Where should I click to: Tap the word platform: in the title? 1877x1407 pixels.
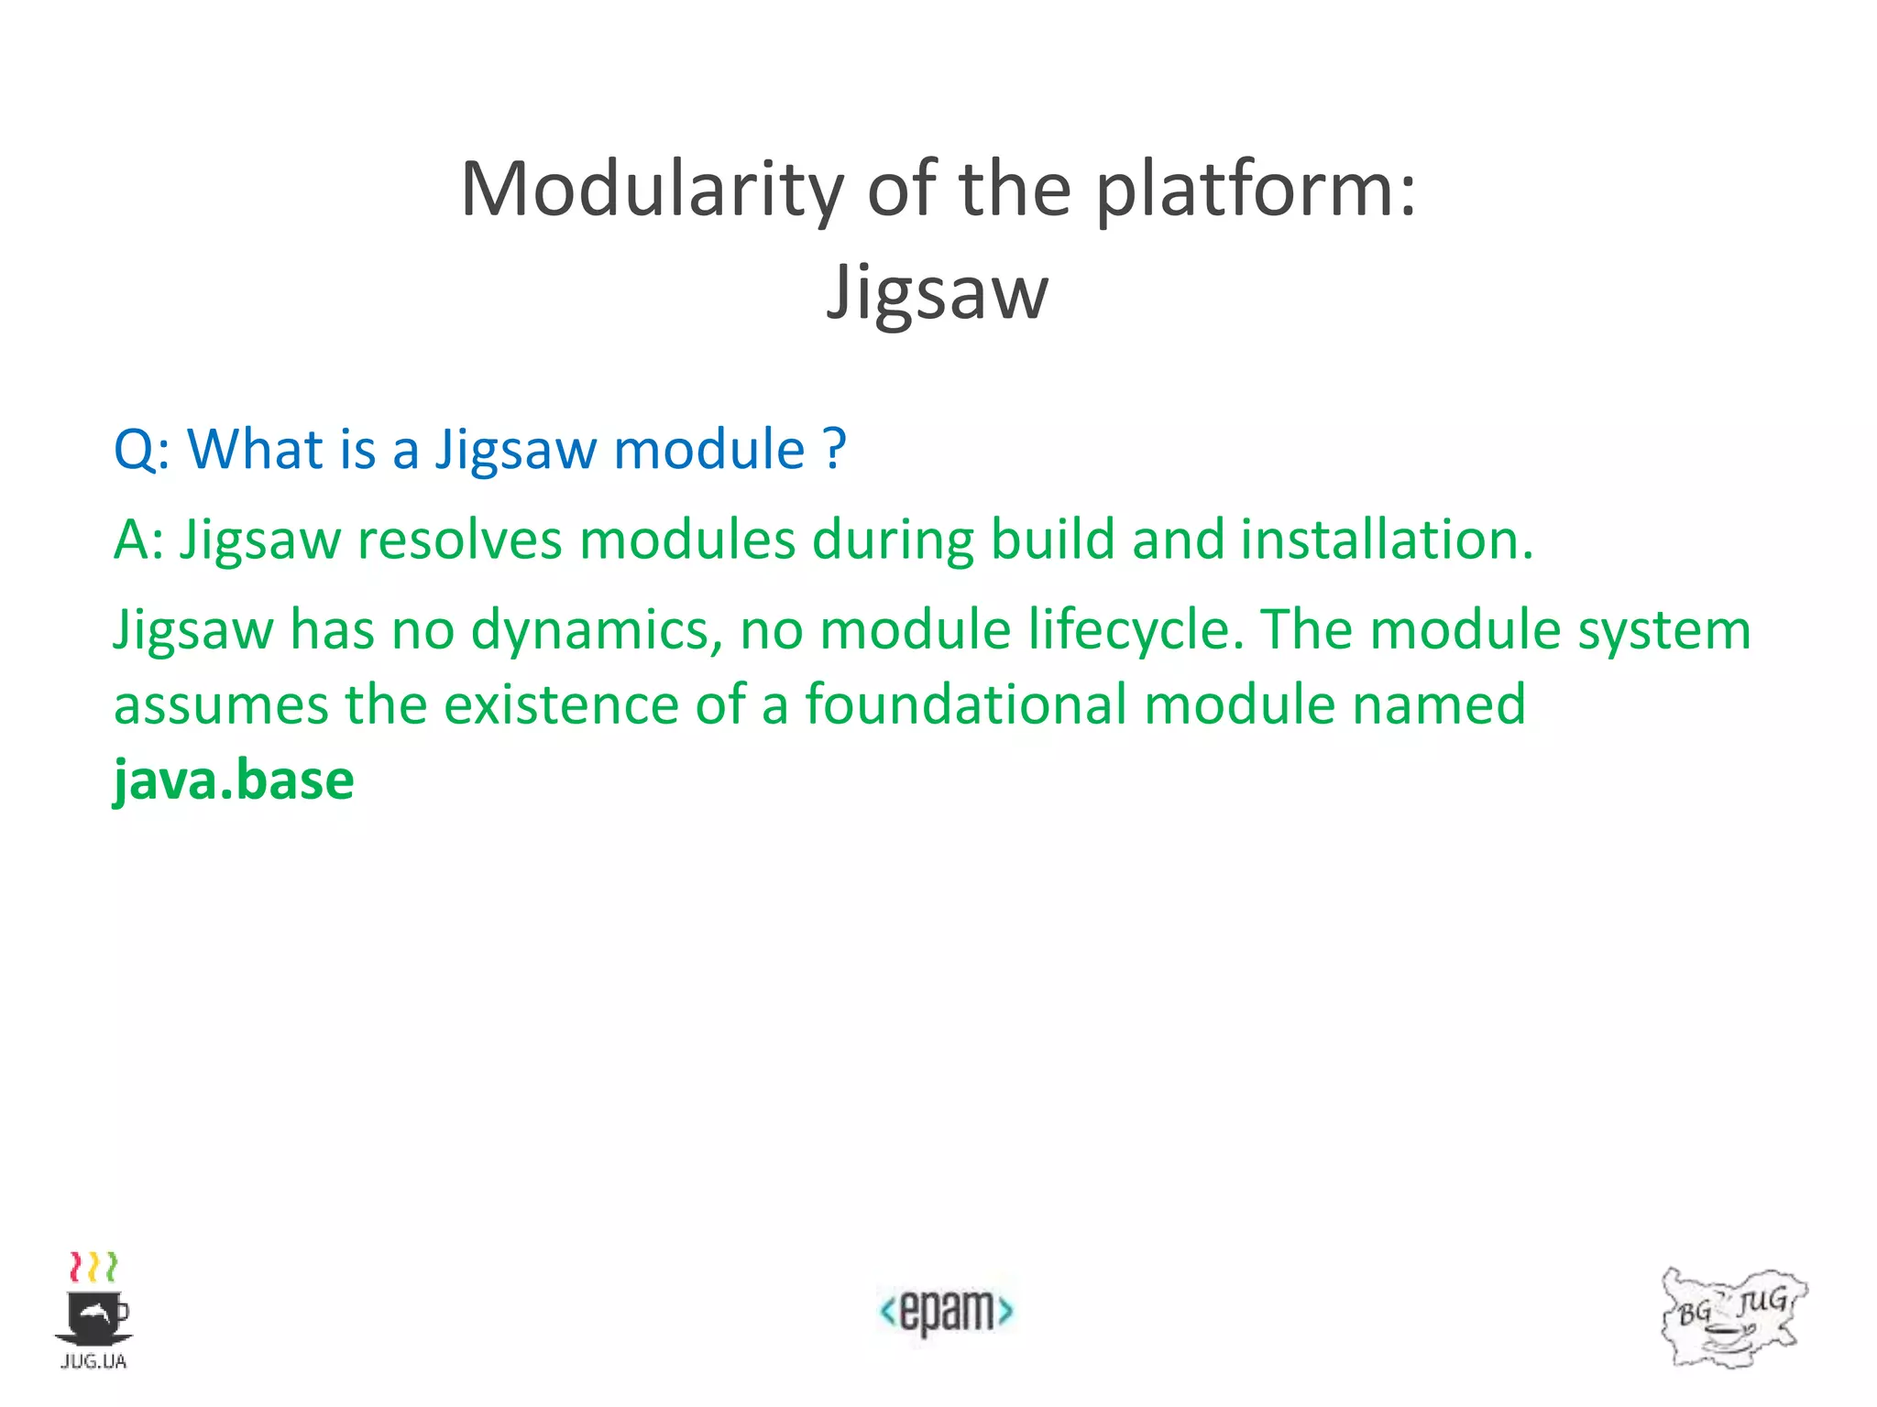pyautogui.click(x=1256, y=191)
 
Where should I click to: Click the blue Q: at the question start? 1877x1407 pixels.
pyautogui.click(x=141, y=450)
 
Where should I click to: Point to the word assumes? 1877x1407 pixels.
pyautogui.click(x=220, y=705)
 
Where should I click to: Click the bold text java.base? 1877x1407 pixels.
pyautogui.click(x=234, y=780)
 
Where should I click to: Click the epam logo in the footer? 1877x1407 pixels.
pyautogui.click(x=946, y=1311)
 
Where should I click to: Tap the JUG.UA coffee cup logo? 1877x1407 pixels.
pyautogui.click(x=94, y=1310)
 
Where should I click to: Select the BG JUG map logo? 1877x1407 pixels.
pyautogui.click(x=1732, y=1317)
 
